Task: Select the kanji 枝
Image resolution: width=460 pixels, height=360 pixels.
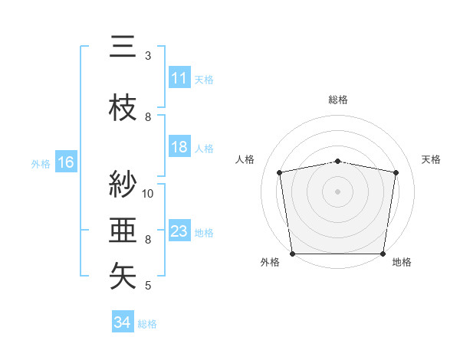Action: click(x=123, y=108)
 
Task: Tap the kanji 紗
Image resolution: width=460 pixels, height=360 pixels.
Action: click(x=123, y=185)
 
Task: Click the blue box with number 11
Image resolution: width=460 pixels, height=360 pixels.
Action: click(x=179, y=79)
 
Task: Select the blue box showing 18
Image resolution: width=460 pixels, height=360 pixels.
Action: click(x=179, y=148)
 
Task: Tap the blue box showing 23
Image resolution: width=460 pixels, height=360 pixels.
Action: click(x=179, y=232)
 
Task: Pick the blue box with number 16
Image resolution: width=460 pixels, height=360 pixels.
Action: click(x=65, y=162)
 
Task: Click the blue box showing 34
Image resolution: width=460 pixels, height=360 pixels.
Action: click(x=123, y=323)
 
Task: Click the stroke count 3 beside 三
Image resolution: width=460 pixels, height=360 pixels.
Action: click(x=148, y=56)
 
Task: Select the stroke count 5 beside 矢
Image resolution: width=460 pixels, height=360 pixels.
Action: click(x=148, y=286)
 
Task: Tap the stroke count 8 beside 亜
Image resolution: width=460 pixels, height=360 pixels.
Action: click(x=148, y=240)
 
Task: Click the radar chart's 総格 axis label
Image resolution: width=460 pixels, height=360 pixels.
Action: click(x=338, y=100)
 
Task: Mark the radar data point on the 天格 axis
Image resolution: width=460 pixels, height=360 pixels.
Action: click(x=396, y=172)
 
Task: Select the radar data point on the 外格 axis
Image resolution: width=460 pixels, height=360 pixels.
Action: click(x=292, y=254)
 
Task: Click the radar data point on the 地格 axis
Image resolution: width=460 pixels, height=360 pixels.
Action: click(x=383, y=254)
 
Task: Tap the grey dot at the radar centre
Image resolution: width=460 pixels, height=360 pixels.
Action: click(x=338, y=191)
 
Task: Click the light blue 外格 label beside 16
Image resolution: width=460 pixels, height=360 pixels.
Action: click(x=41, y=163)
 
